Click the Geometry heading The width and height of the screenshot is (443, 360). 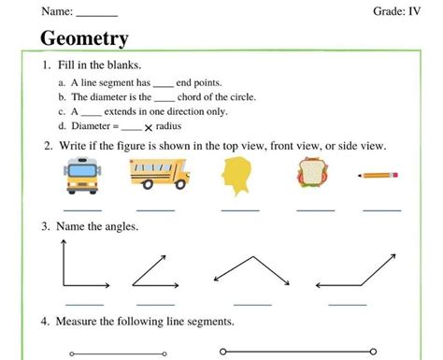[x=85, y=39]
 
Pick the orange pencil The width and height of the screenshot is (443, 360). [x=379, y=175]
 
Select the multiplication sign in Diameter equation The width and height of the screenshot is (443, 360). [x=148, y=127]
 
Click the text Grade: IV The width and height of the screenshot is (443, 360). [x=397, y=11]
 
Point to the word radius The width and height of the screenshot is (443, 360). [x=168, y=126]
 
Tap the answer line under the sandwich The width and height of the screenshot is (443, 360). [x=315, y=209]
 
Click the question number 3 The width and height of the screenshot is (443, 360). [x=45, y=227]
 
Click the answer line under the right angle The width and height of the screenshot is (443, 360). [x=84, y=304]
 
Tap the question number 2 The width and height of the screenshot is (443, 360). [x=46, y=147]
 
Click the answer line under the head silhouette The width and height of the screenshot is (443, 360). [x=240, y=209]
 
